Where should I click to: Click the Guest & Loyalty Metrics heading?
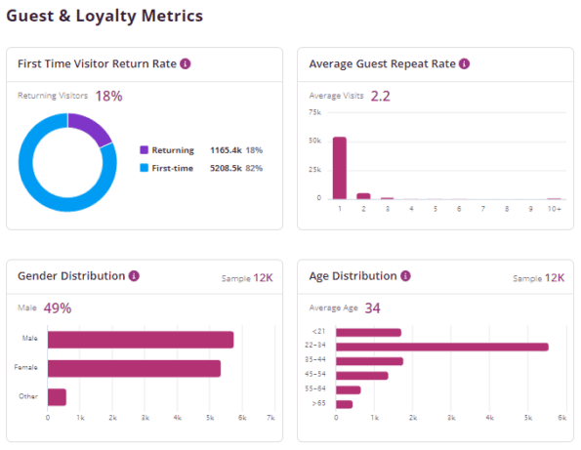pyautogui.click(x=111, y=17)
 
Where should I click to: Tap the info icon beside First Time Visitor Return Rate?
pyautogui.click(x=186, y=63)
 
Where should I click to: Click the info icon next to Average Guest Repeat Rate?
pyautogui.click(x=464, y=63)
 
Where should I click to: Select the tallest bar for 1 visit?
pyautogui.click(x=340, y=167)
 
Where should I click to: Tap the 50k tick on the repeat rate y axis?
pyautogui.click(x=314, y=141)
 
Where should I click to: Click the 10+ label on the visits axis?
pyautogui.click(x=554, y=209)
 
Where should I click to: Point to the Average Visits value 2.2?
pyautogui.click(x=381, y=96)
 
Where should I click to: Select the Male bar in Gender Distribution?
pyautogui.click(x=141, y=340)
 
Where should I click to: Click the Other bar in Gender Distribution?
pyautogui.click(x=57, y=396)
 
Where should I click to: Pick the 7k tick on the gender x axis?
pyautogui.click(x=270, y=418)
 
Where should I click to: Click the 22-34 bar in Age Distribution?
pyautogui.click(x=441, y=347)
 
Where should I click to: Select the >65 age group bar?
pyautogui.click(x=344, y=403)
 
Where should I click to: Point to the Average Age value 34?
pyautogui.click(x=372, y=308)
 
